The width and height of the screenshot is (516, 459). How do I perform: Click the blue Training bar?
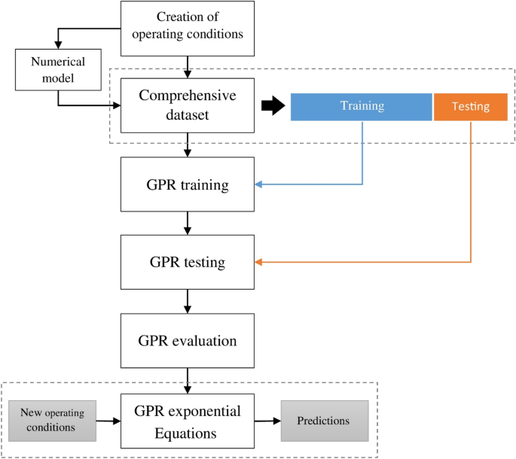point(362,107)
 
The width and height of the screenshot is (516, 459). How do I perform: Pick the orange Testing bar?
point(470,107)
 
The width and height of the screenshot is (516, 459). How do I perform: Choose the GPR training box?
point(187,184)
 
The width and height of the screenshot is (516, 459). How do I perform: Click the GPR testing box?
point(187,263)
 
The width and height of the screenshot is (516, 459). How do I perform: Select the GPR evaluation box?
point(187,341)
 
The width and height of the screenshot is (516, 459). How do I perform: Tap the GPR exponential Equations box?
point(187,422)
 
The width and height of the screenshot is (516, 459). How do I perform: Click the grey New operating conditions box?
point(58,421)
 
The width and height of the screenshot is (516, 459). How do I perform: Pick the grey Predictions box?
point(325,421)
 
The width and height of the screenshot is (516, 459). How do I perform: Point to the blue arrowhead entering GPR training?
point(258,184)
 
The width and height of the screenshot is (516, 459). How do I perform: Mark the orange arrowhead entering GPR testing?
point(258,263)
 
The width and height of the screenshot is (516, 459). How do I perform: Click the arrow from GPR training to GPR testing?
point(187,223)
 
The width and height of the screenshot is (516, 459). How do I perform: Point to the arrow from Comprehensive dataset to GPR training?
point(187,145)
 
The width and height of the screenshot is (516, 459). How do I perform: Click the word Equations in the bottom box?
point(187,433)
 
